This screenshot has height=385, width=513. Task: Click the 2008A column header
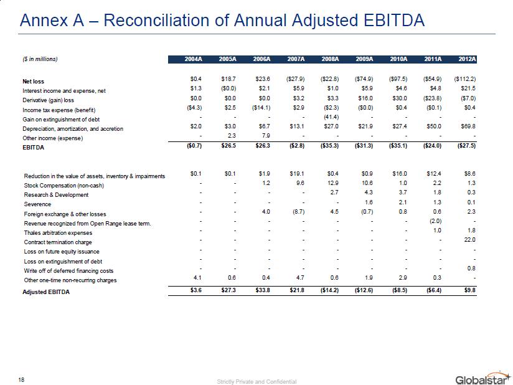click(x=330, y=59)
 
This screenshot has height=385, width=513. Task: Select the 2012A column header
click(x=466, y=59)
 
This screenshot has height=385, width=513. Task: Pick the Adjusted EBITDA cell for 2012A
click(x=469, y=291)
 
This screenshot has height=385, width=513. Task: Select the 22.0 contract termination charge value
click(x=470, y=242)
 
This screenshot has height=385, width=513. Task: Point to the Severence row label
click(x=38, y=204)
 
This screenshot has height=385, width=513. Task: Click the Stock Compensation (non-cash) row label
click(x=64, y=186)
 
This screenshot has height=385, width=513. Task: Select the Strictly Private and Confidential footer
click(x=256, y=381)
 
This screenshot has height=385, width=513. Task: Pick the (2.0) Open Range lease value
click(x=436, y=222)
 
